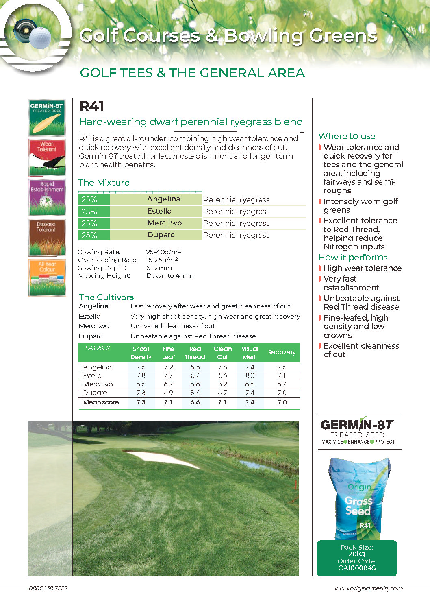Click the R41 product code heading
pyautogui.click(x=92, y=106)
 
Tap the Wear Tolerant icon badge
pyautogui.click(x=47, y=157)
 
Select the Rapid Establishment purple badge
pyautogui.click(x=47, y=197)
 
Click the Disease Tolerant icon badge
pyautogui.click(x=47, y=238)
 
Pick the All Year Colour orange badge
pyautogui.click(x=47, y=277)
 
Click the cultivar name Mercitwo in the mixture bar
pyautogui.click(x=164, y=223)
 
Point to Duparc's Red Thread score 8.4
pyautogui.click(x=195, y=393)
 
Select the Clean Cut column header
pyautogui.click(x=222, y=353)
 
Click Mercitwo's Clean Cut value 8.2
pyautogui.click(x=222, y=384)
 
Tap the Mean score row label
pyautogui.click(x=101, y=402)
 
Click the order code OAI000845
pyautogui.click(x=357, y=568)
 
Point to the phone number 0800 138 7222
pyautogui.click(x=48, y=588)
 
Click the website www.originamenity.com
pyautogui.click(x=369, y=588)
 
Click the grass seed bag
pyautogui.click(x=358, y=498)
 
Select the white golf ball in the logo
pyautogui.click(x=41, y=38)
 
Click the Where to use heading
pyautogui.click(x=347, y=136)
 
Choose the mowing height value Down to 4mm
pyautogui.click(x=170, y=276)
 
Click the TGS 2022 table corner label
pyautogui.click(x=97, y=348)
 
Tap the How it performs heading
pyautogui.click(x=353, y=258)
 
